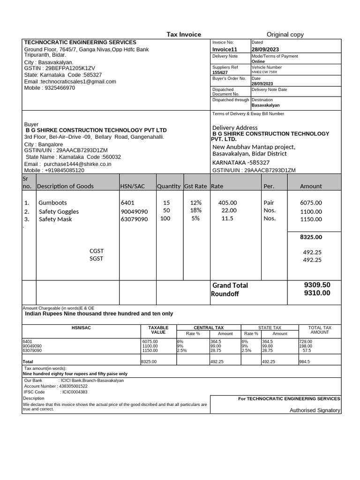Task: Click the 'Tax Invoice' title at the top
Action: tap(184, 34)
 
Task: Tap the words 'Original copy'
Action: tap(285, 34)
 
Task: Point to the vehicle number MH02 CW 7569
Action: tap(264, 72)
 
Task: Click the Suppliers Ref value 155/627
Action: tap(220, 72)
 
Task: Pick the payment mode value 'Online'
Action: tap(258, 61)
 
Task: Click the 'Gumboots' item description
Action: tap(52, 203)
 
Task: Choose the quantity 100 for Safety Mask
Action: tap(165, 218)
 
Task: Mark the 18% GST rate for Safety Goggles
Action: tap(195, 210)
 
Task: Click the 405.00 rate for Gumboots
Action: tap(228, 203)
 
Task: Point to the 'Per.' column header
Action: tap(269, 186)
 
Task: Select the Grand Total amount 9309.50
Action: tap(317, 285)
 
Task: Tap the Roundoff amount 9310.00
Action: tap(317, 293)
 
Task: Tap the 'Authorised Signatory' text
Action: tap(315, 410)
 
